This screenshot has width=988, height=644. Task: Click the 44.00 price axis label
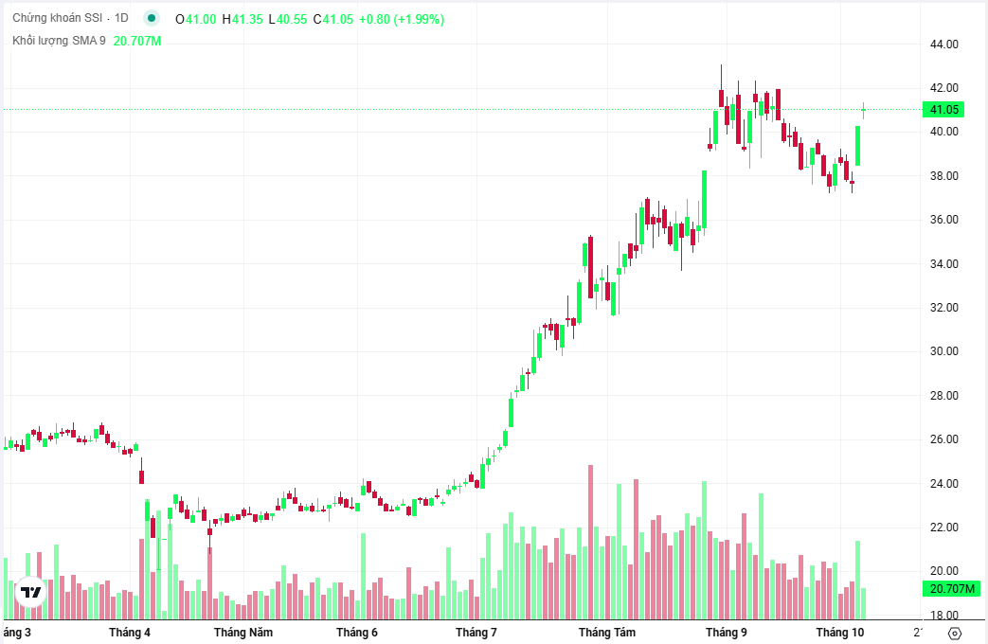pos(944,45)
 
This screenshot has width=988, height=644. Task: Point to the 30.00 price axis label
pos(944,351)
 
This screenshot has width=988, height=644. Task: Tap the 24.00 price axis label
pos(944,484)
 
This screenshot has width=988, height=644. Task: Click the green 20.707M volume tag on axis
pos(952,589)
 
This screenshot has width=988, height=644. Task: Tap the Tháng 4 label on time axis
pos(130,633)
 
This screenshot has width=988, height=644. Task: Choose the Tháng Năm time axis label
pos(243,633)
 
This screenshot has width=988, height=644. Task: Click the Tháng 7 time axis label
pos(476,633)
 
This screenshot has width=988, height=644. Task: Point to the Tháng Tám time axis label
pos(607,633)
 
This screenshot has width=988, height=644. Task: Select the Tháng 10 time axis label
pos(841,633)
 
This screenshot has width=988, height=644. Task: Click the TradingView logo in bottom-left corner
pos(31,592)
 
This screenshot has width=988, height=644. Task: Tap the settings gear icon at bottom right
pos(955,634)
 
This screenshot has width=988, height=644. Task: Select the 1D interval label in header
pos(121,19)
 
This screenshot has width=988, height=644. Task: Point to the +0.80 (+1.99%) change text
pos(402,19)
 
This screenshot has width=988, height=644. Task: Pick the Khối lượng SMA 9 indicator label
pos(59,41)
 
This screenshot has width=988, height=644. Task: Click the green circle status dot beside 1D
pos(152,19)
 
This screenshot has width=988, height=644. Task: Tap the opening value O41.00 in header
pos(196,19)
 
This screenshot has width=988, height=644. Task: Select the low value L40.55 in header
pos(288,19)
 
